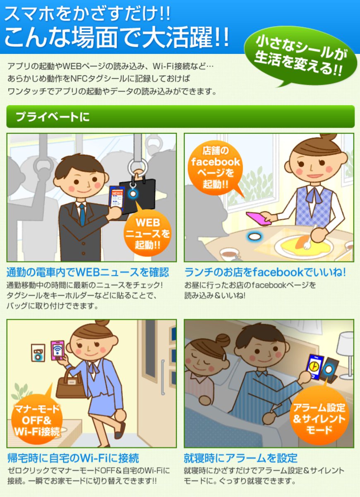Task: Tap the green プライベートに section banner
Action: click(180, 117)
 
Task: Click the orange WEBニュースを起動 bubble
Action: click(148, 234)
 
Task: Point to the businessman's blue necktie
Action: click(82, 215)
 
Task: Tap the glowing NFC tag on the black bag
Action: click(133, 193)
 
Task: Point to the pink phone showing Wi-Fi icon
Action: click(58, 350)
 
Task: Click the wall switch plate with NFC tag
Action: click(38, 353)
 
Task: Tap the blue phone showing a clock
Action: click(314, 366)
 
